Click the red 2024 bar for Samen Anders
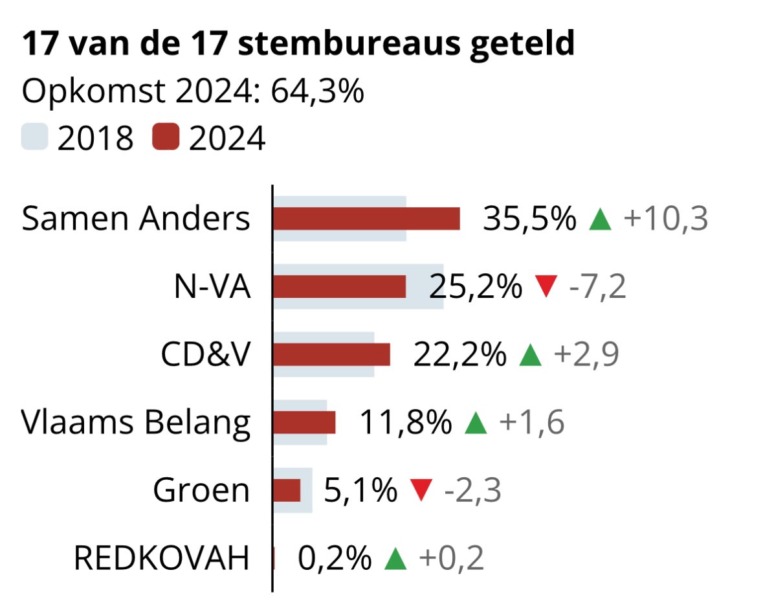click(x=366, y=219)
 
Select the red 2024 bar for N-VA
click(x=339, y=286)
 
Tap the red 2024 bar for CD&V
click(x=331, y=354)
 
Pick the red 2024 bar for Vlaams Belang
click(x=304, y=422)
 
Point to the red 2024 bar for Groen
click(x=287, y=490)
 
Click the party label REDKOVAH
click(x=161, y=558)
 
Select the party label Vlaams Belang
click(x=136, y=422)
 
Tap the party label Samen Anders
click(x=136, y=219)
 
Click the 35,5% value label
click(x=529, y=219)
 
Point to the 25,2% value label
click(x=475, y=286)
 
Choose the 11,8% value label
click(x=405, y=422)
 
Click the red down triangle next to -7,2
click(x=547, y=286)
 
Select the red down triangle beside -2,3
click(x=421, y=490)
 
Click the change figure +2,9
click(x=586, y=354)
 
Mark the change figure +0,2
click(x=451, y=558)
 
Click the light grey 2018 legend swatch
click(x=35, y=137)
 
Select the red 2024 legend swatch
click(x=166, y=137)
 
